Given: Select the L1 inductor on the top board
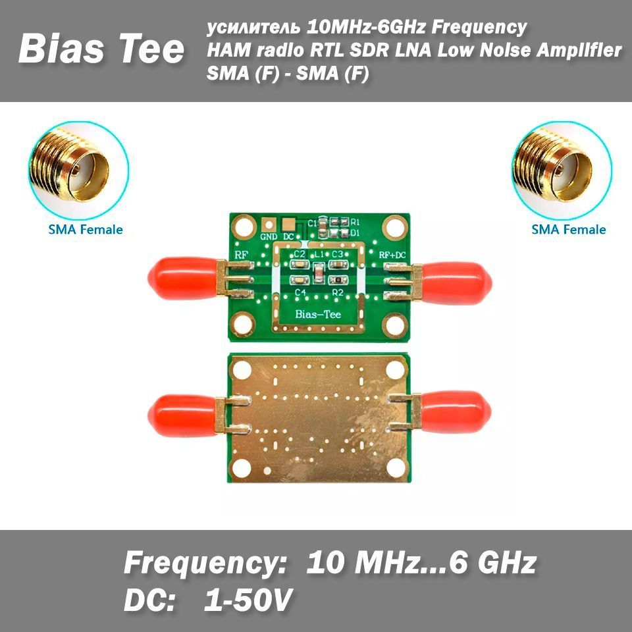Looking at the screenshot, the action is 319,273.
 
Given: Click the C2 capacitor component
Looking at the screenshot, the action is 299,265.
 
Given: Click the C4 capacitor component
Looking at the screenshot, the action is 299,280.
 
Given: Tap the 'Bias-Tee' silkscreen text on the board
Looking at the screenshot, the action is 318,314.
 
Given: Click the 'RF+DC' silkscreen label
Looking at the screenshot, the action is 392,255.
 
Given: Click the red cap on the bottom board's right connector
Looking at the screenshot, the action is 456,412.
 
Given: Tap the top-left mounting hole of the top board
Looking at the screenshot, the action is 244,227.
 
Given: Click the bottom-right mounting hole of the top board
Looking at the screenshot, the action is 394,325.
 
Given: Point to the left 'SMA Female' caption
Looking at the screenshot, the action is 86,229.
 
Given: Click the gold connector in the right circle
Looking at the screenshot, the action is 552,165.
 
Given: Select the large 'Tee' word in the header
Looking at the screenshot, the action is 151,49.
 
